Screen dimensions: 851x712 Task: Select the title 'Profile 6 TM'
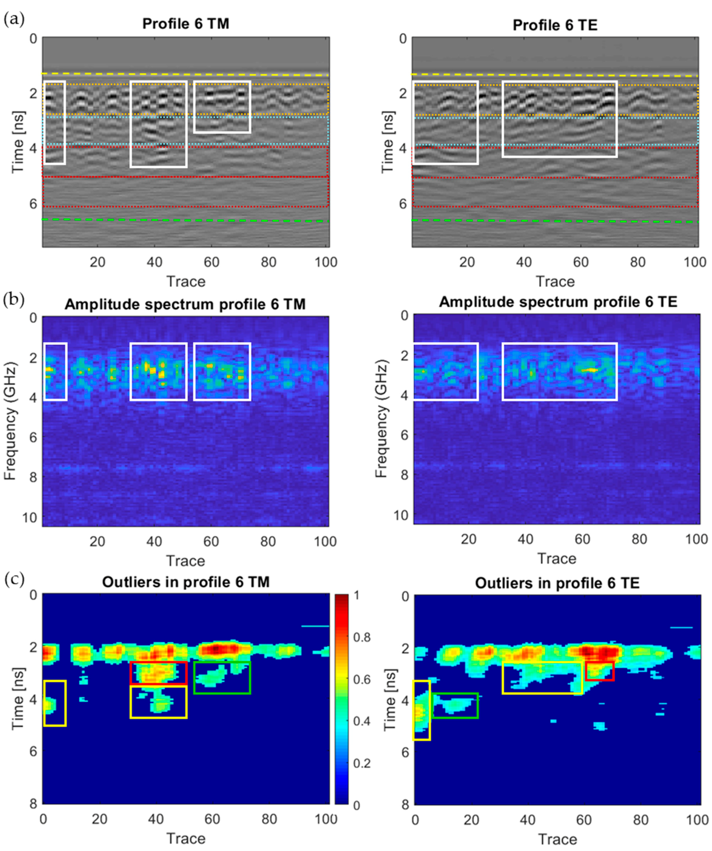tap(186, 24)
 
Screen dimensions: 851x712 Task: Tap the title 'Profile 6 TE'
tap(555, 25)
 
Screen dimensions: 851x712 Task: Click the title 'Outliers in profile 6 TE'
tap(557, 583)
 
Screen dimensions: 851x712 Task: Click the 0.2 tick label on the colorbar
tap(362, 763)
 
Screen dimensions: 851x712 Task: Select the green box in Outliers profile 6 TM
tap(222, 678)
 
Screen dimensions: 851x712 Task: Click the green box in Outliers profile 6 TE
tap(455, 705)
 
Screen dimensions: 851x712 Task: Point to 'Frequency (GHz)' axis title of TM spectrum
tap(10, 421)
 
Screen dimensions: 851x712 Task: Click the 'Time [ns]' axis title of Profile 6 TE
tap(388, 142)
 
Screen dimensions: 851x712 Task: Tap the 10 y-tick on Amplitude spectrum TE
tap(400, 515)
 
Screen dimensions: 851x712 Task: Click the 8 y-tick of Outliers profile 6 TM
tap(33, 804)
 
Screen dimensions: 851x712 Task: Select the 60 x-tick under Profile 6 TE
tap(581, 262)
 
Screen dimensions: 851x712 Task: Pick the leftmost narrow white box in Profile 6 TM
tap(54, 122)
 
